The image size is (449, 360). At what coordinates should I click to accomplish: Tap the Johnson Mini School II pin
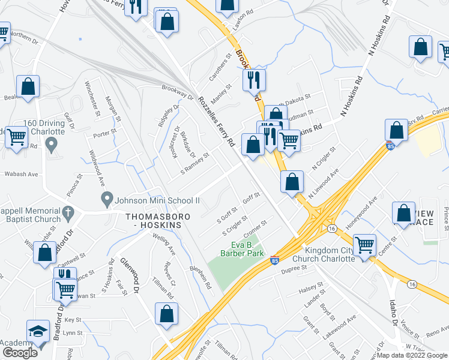tap(107, 198)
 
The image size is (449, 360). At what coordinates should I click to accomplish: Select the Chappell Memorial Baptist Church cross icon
tap(68, 212)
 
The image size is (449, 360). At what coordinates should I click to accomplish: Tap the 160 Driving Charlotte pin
tap(52, 144)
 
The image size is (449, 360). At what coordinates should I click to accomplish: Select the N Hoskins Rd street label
tap(352, 95)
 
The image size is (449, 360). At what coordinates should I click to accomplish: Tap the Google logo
tap(20, 353)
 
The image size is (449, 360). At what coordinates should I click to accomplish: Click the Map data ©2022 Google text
tap(412, 355)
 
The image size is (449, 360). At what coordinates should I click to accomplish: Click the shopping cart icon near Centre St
tap(364, 245)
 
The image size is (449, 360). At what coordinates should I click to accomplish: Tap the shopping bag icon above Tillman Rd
tap(166, 313)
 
